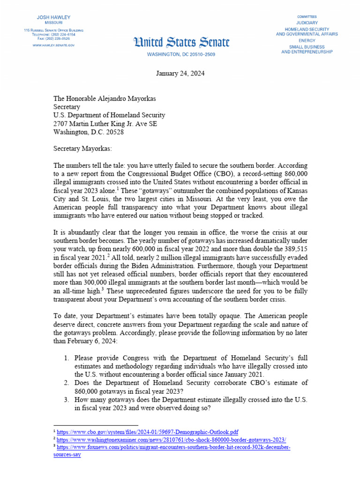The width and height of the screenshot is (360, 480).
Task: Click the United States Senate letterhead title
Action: click(182, 43)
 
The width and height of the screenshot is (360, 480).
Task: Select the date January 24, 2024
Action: click(180, 74)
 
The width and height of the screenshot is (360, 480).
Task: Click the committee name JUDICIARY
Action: click(307, 22)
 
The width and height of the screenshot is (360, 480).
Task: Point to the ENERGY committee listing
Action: click(307, 40)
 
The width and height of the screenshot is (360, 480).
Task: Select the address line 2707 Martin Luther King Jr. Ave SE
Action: click(105, 124)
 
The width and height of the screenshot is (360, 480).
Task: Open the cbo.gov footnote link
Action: click(148, 431)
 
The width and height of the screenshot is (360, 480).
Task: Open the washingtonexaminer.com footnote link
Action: click(171, 440)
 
